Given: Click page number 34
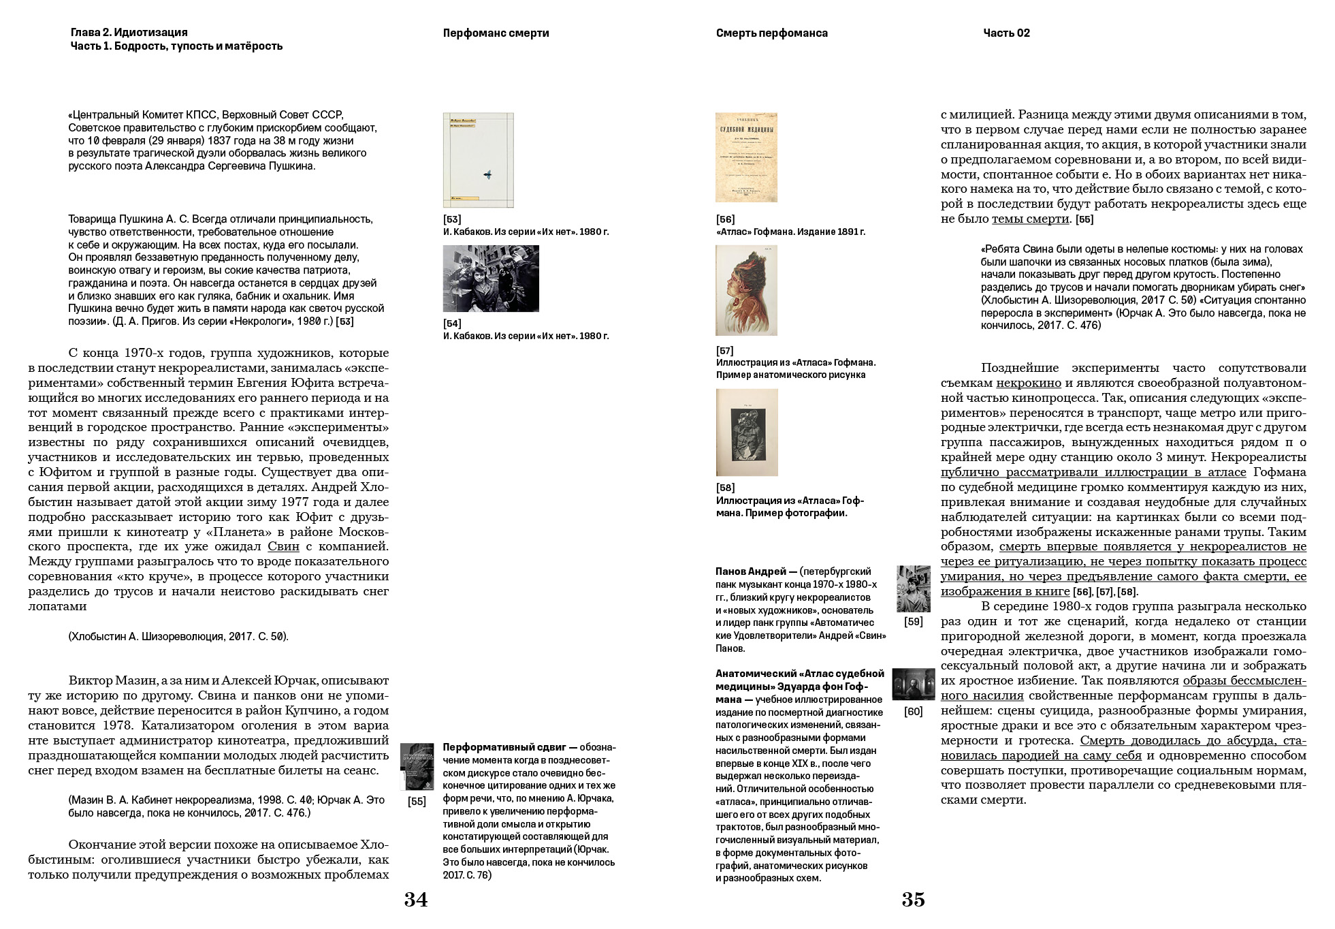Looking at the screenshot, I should click(x=415, y=900).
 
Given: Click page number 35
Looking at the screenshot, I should click(x=913, y=900).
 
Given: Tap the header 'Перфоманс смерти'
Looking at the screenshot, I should click(x=496, y=33).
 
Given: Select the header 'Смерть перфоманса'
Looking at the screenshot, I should click(x=771, y=33).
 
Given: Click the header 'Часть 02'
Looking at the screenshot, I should click(x=1006, y=33).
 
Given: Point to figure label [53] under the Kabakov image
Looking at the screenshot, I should click(x=452, y=219).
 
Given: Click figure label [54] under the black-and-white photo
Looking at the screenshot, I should click(x=452, y=324).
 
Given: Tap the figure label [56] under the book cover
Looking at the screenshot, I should click(x=725, y=219).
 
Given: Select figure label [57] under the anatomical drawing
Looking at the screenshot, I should click(x=725, y=351).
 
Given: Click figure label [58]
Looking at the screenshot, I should click(x=725, y=488).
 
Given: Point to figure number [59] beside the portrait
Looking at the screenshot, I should click(x=913, y=622).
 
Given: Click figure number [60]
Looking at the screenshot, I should click(x=913, y=712).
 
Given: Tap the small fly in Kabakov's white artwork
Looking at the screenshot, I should click(x=487, y=175).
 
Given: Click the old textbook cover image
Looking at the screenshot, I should click(x=746, y=157).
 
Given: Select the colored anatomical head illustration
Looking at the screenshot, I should click(x=746, y=290).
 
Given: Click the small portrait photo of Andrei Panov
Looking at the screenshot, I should click(x=913, y=588).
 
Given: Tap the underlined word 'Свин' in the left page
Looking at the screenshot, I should click(x=283, y=546).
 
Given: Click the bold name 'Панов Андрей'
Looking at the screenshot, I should click(x=750, y=571).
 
